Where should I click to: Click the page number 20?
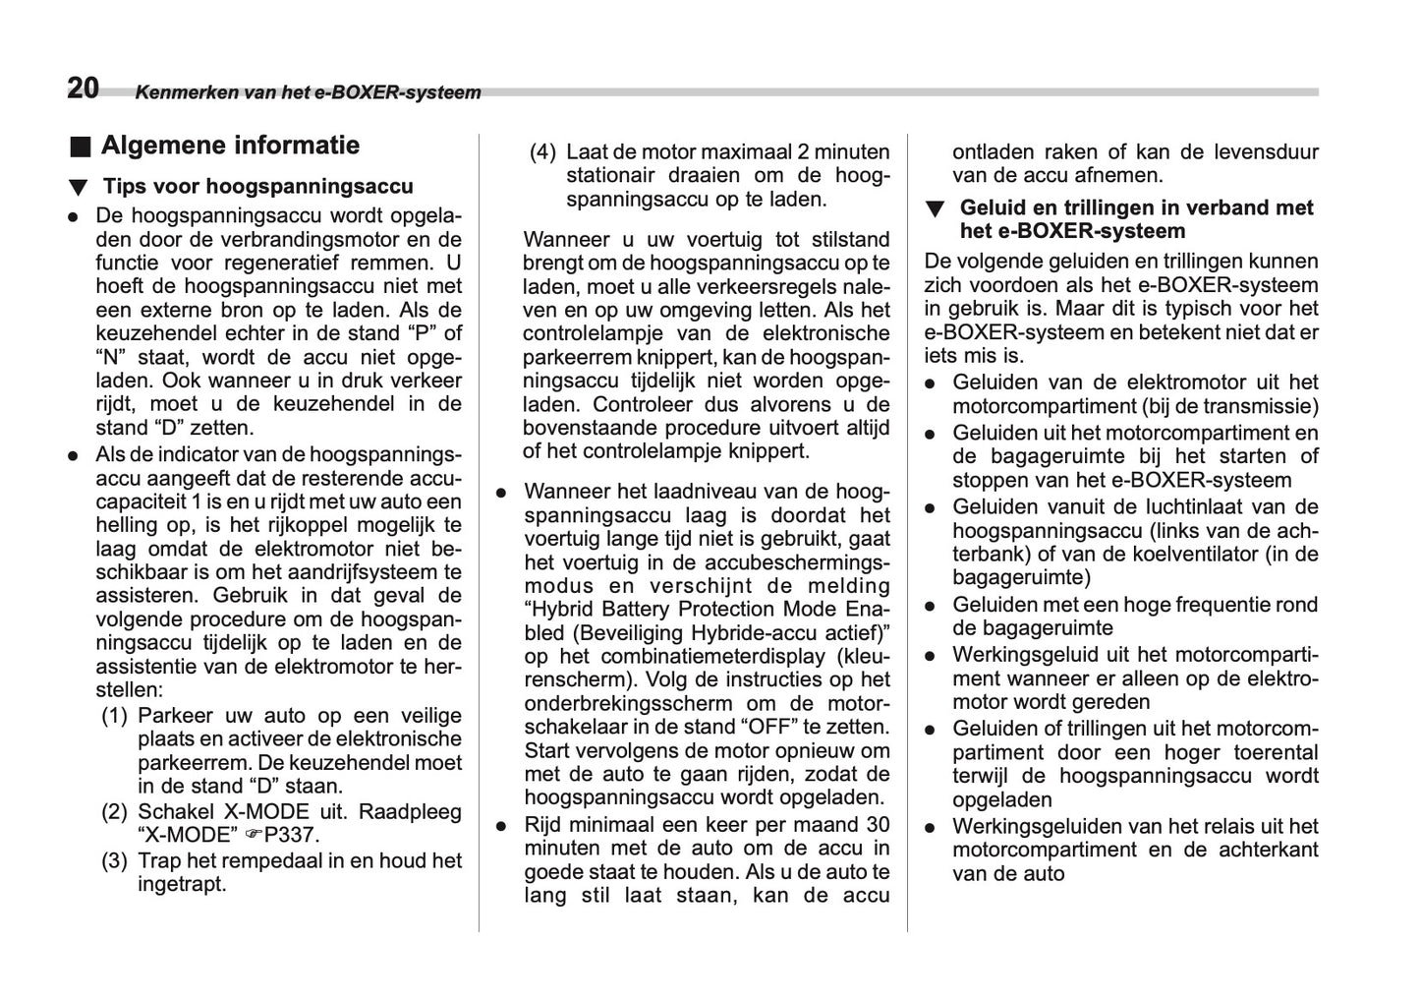point(83,88)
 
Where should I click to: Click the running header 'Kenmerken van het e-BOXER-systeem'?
point(308,93)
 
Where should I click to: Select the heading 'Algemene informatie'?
point(230,146)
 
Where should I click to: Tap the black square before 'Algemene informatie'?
point(80,147)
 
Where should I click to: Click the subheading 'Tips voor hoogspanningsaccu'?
point(257,187)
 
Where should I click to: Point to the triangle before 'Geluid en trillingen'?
point(936,209)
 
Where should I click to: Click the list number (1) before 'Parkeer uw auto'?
point(115,716)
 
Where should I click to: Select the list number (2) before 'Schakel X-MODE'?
point(115,812)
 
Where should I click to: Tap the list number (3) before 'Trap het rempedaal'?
point(115,860)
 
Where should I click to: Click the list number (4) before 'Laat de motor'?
point(542,152)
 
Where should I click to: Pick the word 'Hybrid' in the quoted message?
point(564,610)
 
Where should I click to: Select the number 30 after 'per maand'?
point(877,825)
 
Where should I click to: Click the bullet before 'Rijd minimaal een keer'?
point(501,826)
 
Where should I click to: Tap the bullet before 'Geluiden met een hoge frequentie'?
point(930,607)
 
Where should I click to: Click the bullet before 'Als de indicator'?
point(73,456)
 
